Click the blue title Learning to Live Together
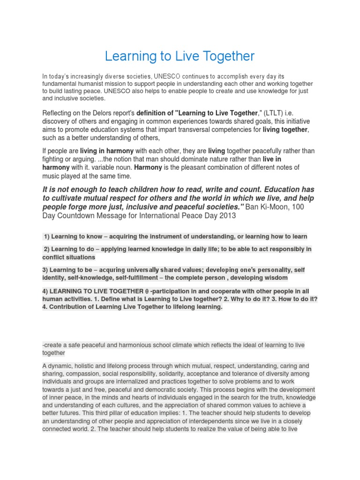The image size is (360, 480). pyautogui.click(x=180, y=56)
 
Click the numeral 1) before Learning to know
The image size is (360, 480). pyautogui.click(x=46, y=236)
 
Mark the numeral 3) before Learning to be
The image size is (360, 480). pyautogui.click(x=45, y=270)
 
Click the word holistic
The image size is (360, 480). pyautogui.click(x=87, y=366)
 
